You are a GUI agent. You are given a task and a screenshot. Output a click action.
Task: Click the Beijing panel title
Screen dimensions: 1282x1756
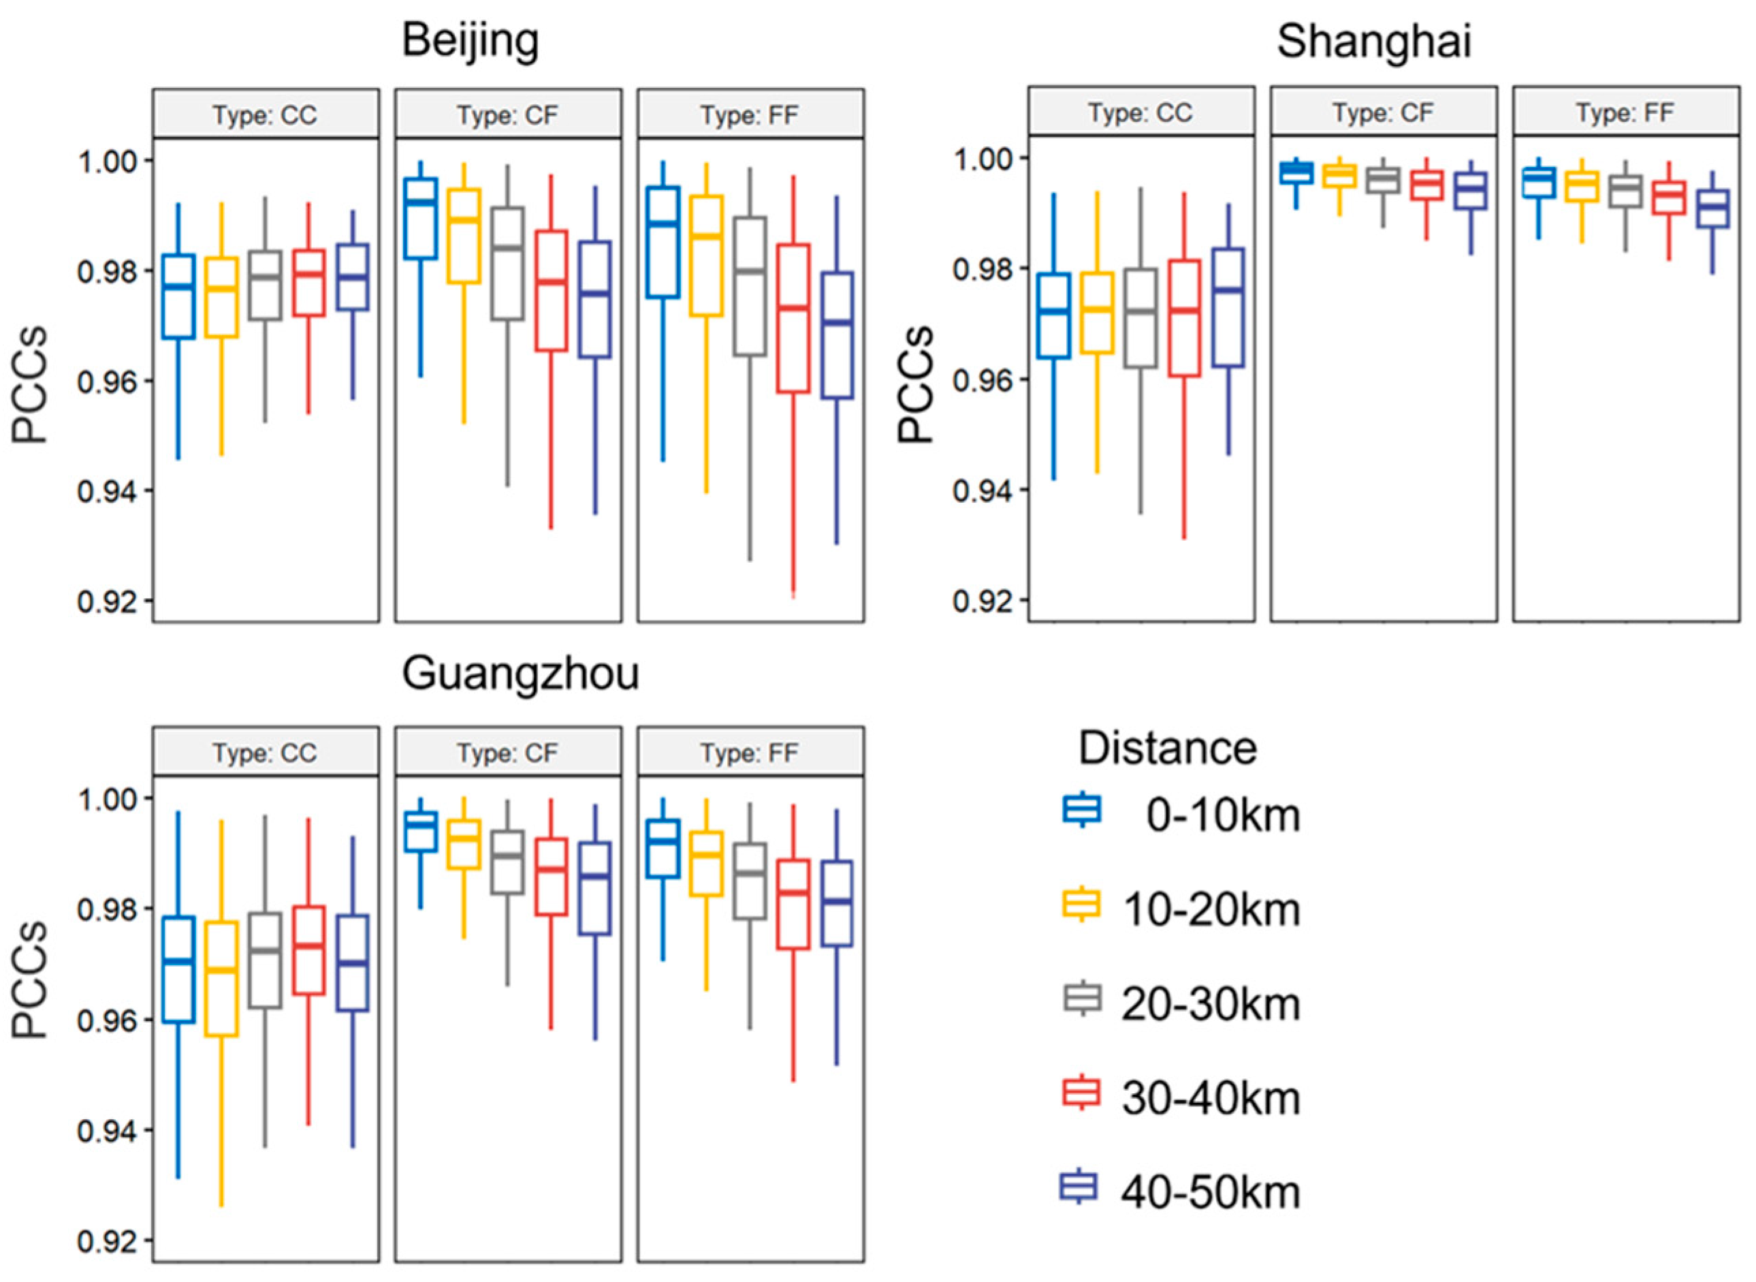click(x=470, y=40)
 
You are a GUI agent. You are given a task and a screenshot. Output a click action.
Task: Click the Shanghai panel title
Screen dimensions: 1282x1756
click(x=1373, y=40)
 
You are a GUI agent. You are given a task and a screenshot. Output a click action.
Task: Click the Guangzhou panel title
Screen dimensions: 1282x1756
click(x=520, y=674)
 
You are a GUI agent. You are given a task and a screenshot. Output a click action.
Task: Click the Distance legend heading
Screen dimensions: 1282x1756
click(x=1167, y=749)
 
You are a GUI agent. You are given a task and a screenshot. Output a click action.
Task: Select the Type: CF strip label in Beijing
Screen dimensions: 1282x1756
click(x=507, y=115)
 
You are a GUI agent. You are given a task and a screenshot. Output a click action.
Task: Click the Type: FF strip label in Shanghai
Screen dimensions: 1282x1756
click(x=1625, y=113)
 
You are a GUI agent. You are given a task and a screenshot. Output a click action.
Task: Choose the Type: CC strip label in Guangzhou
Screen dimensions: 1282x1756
click(x=266, y=753)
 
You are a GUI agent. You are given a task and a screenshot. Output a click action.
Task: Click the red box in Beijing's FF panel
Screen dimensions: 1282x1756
click(x=793, y=318)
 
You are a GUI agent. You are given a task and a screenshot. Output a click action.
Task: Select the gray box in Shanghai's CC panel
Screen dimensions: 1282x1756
click(x=1140, y=318)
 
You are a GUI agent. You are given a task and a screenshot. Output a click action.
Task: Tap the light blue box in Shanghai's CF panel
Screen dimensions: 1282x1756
click(x=1295, y=172)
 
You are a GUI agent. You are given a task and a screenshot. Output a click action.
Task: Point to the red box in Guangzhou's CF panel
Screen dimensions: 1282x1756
click(x=552, y=876)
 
